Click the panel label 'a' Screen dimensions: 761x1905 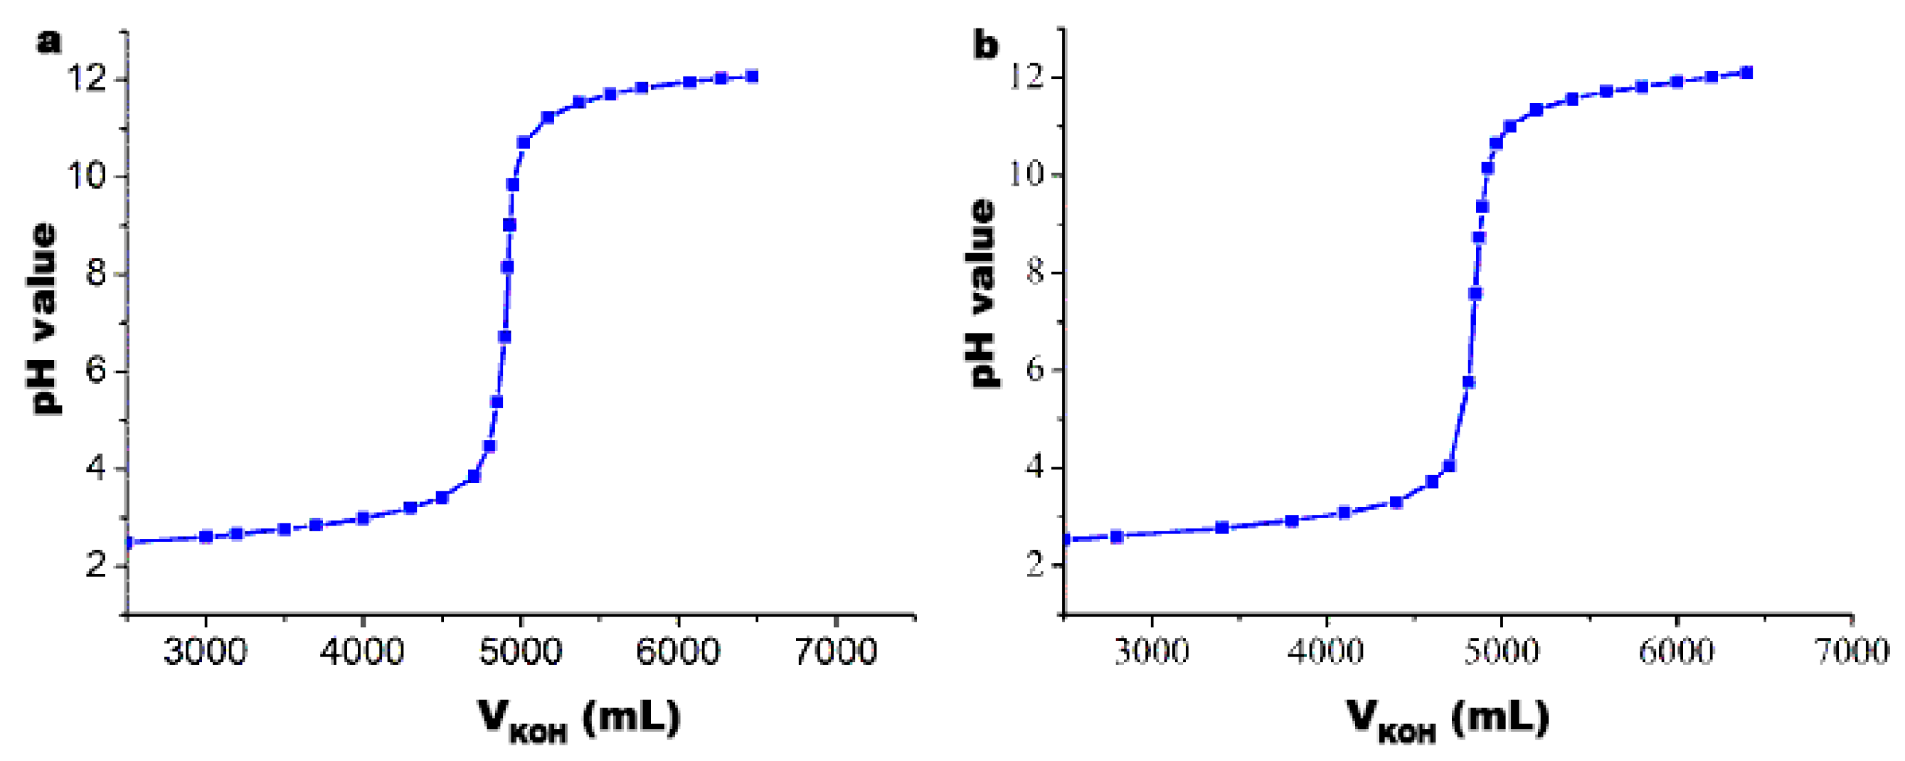click(49, 42)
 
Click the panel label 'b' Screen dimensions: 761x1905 click(986, 45)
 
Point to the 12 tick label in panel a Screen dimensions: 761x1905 click(87, 78)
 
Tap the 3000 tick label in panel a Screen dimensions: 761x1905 click(205, 652)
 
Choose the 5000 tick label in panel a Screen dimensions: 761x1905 click(520, 652)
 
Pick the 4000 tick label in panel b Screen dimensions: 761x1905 click(1326, 652)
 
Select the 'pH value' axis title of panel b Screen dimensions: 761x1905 click(983, 293)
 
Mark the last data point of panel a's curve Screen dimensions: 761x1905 click(752, 76)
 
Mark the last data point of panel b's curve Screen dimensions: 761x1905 click(1747, 73)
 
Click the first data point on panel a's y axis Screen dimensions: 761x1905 click(128, 542)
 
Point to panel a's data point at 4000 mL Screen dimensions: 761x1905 click(362, 518)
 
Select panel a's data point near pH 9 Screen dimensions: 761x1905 click(509, 225)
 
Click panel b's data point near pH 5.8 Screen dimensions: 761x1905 click(1469, 383)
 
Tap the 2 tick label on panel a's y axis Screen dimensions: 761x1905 click(96, 565)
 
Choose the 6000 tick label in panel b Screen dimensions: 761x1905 click(1677, 652)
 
